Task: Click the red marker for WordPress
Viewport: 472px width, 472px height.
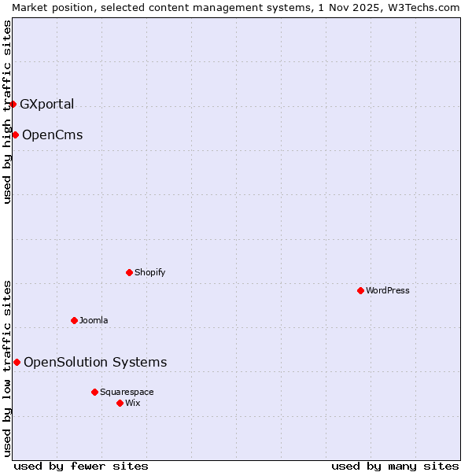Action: [x=360, y=291]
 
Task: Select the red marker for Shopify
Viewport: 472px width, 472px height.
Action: [x=129, y=273]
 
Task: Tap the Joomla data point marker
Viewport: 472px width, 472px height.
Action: [x=74, y=320]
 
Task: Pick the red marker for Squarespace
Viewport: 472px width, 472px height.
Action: [x=94, y=392]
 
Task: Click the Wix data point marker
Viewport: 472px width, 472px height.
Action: [x=120, y=403]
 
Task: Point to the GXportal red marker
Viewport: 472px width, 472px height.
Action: [x=13, y=104]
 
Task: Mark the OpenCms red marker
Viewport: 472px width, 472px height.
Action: [x=15, y=135]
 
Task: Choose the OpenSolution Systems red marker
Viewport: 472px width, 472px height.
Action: [x=17, y=362]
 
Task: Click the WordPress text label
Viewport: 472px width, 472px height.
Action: [x=388, y=291]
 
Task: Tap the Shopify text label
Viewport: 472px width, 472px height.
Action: [x=149, y=273]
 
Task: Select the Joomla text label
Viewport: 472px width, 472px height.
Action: [x=94, y=320]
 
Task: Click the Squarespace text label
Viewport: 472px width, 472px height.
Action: [x=127, y=392]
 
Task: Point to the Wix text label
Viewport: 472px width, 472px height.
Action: [x=133, y=403]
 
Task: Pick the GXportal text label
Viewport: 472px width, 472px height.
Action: [x=47, y=104]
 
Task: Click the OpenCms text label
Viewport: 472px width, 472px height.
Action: [x=52, y=135]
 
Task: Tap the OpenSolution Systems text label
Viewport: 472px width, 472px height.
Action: [x=95, y=362]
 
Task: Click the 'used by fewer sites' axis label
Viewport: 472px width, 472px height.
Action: [x=81, y=466]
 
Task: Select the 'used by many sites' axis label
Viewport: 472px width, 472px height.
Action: [x=395, y=466]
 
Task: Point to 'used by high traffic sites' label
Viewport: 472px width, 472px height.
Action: [x=7, y=112]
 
